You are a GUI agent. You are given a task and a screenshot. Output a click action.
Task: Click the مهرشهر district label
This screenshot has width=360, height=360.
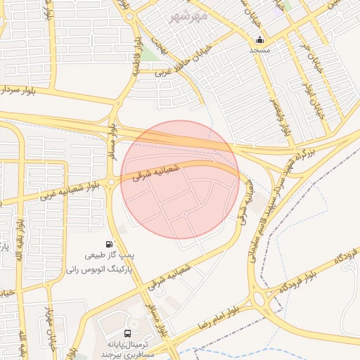coord(188,14)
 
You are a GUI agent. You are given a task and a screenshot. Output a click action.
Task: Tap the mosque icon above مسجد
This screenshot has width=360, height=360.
coord(260,39)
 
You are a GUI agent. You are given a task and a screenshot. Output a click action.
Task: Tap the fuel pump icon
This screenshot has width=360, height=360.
coord(109,244)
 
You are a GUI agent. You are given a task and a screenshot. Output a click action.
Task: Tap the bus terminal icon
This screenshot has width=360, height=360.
coord(127,333)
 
